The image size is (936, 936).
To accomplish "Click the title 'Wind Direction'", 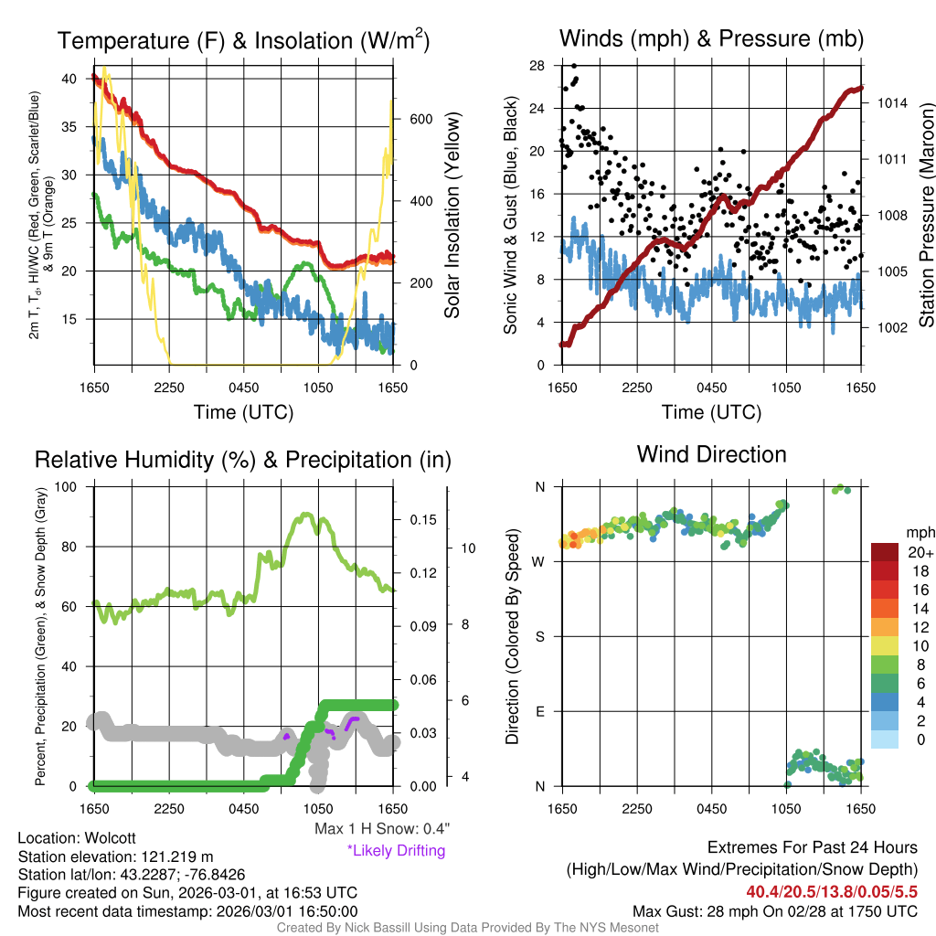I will [711, 454].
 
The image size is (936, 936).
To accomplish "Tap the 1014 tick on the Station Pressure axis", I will [889, 102].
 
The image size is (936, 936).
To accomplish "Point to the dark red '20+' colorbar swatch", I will [886, 553].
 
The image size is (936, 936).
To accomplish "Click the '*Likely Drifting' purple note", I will [396, 850].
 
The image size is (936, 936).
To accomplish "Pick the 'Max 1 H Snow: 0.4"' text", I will [381, 829].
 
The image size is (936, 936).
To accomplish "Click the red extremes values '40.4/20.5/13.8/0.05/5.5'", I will [832, 892].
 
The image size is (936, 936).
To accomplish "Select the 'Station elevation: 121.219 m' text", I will [115, 856].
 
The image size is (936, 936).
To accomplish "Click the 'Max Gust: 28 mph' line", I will [775, 911].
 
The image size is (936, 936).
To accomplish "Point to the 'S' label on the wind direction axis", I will [540, 636].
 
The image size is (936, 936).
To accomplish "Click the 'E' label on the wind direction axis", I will [540, 711].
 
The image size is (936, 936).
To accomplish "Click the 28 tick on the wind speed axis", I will [537, 66].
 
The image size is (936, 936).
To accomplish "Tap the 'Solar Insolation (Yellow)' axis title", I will [452, 215].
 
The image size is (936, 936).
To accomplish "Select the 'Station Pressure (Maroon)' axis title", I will [925, 215].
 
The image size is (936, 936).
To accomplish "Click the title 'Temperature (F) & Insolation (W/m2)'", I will [243, 40].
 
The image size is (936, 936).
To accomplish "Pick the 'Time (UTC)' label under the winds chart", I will [711, 412].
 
